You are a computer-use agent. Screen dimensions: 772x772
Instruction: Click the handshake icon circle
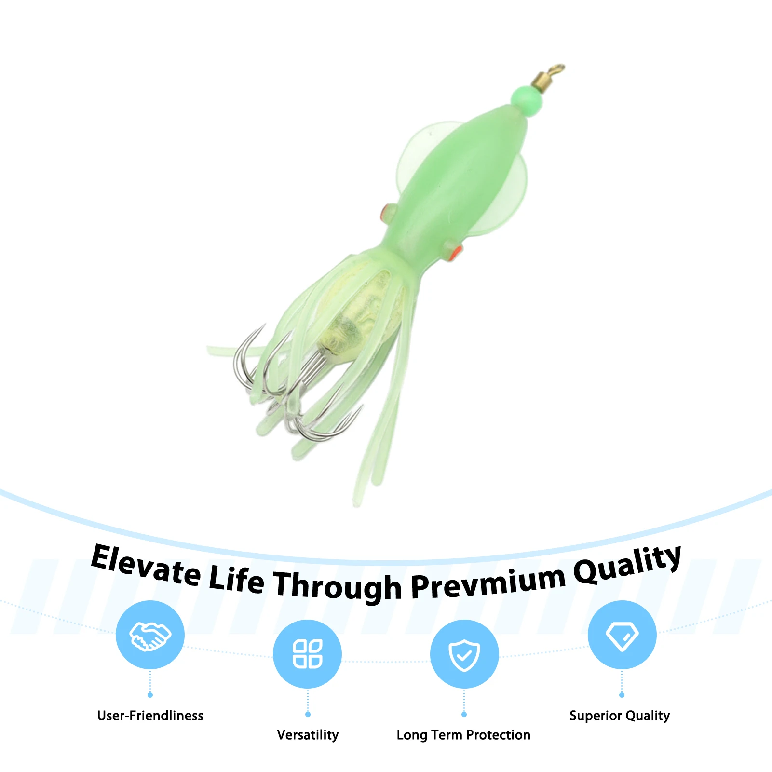150,635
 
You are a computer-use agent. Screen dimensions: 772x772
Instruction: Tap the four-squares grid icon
307,654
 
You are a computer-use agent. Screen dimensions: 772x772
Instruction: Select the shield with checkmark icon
464,655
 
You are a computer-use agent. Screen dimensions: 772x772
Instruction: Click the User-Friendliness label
150,716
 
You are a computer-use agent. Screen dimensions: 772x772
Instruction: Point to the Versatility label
308,735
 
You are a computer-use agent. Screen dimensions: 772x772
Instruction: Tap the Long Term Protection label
463,735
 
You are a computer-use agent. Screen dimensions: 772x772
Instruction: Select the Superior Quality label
620,716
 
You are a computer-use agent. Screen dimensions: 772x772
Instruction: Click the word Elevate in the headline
146,566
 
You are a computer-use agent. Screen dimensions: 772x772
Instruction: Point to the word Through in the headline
338,586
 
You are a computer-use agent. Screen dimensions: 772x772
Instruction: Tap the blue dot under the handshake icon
150,695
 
